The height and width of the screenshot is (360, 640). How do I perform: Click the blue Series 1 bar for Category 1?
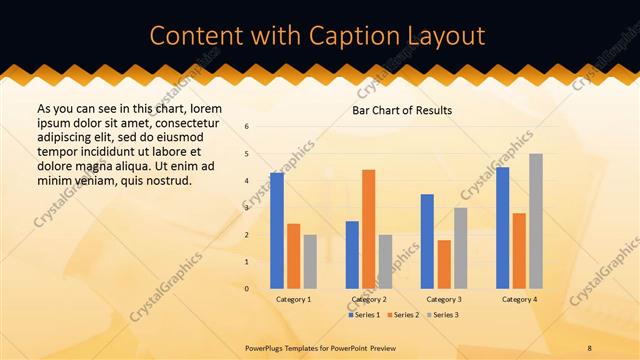[277, 231]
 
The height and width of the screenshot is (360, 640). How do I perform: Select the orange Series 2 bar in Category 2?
[368, 229]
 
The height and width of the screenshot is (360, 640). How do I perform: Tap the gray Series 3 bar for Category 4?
[536, 221]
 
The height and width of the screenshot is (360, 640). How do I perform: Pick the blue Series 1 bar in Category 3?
[427, 241]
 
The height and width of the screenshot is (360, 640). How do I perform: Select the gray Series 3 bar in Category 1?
[310, 262]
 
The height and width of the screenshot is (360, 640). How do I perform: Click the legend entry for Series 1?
[364, 315]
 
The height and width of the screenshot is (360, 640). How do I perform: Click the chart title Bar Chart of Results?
[402, 110]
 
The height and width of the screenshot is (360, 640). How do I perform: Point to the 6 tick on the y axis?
[247, 127]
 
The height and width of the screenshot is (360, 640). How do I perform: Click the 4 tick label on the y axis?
[247, 181]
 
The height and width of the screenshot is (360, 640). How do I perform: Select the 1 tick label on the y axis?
[247, 262]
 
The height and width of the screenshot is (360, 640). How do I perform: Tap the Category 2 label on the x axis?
[368, 299]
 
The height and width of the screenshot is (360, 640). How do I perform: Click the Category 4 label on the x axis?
[519, 299]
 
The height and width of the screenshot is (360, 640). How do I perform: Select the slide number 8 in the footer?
[590, 346]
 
